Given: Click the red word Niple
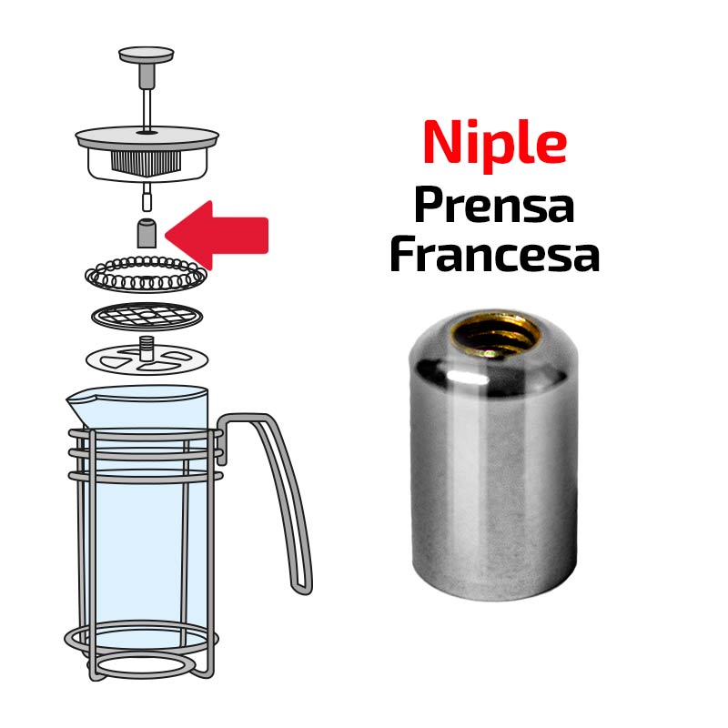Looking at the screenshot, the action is (x=494, y=143).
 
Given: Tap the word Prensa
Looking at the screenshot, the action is (x=494, y=206).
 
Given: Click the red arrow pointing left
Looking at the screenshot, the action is (x=217, y=235).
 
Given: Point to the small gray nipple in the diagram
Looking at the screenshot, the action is (x=147, y=233).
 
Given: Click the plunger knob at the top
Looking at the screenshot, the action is (x=147, y=55).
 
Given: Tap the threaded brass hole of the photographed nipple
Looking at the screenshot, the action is (x=496, y=333).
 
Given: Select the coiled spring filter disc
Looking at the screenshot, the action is (x=146, y=274).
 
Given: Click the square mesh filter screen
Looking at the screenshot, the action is (x=147, y=316).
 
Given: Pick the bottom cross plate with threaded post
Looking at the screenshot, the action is (x=147, y=359).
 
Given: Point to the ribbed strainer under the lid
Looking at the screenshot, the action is (x=147, y=163).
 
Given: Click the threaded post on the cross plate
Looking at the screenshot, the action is (x=147, y=348).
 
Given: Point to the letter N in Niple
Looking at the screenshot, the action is (x=443, y=142).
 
